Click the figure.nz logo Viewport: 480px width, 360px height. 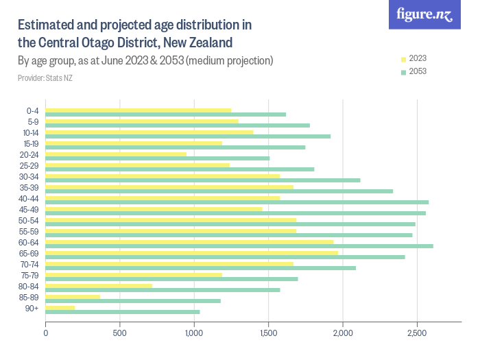pos(424,14)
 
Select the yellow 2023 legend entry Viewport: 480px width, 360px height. pos(412,58)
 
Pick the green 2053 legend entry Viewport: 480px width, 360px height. pos(412,71)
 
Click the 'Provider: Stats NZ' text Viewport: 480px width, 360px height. pos(45,78)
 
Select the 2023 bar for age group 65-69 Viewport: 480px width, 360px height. pos(191,252)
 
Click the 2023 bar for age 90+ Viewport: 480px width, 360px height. pos(60,307)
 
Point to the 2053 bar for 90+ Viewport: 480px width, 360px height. pos(123,312)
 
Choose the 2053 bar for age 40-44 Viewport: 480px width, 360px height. pos(237,202)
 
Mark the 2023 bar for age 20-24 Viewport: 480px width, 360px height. pos(116,154)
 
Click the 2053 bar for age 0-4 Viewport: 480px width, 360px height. pos(165,115)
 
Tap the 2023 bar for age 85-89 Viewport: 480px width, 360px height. pos(73,296)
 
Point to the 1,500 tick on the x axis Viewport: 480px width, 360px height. pos(269,334)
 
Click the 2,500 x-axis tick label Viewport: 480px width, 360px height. pos(417,334)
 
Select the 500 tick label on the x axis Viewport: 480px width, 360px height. pos(120,334)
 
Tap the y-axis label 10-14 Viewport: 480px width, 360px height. pos(29,132)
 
